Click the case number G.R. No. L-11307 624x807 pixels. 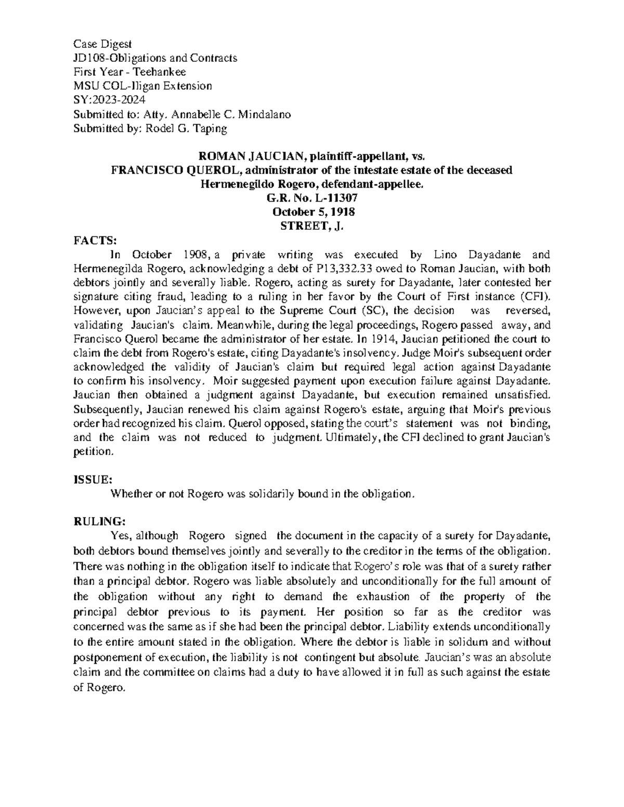click(x=312, y=198)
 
